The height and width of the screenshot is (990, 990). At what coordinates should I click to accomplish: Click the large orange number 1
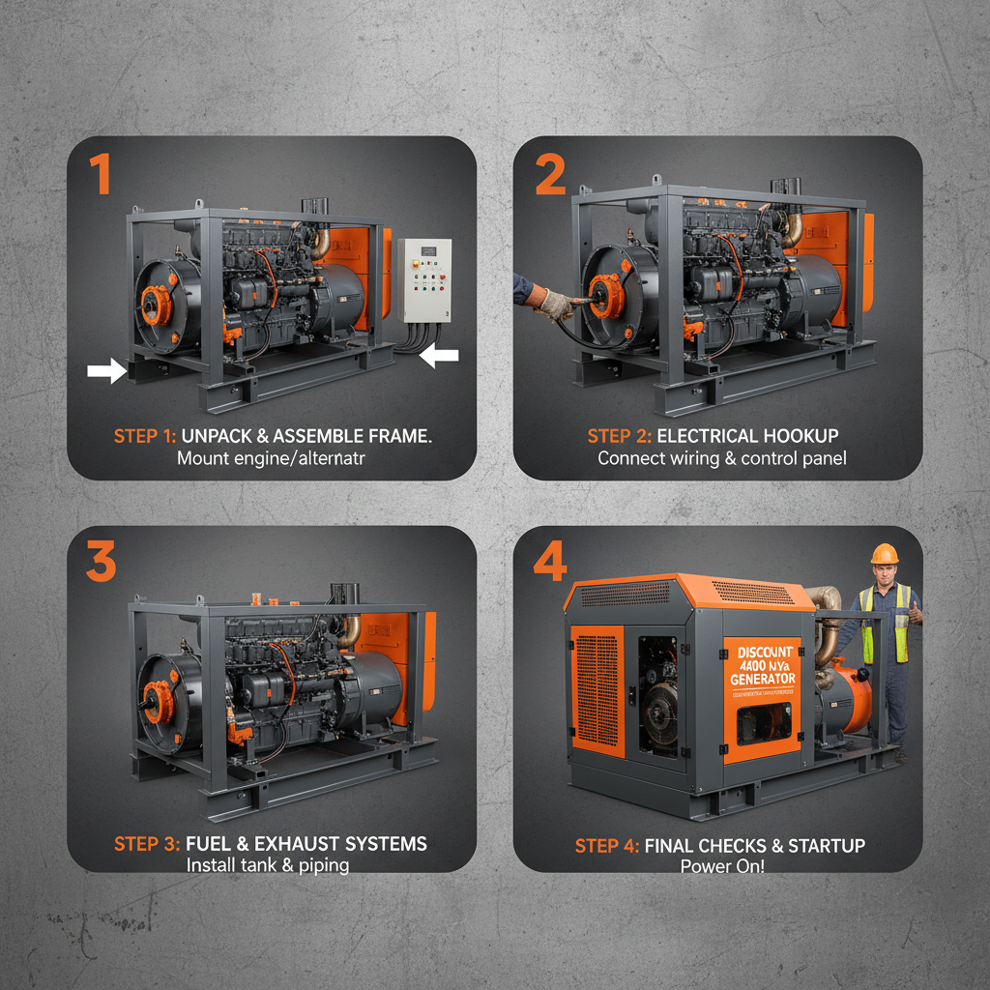click(100, 176)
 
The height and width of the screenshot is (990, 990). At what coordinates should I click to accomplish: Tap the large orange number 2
click(549, 175)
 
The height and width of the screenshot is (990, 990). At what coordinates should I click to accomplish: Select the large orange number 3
click(101, 561)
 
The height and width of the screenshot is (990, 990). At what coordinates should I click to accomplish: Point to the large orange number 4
click(549, 562)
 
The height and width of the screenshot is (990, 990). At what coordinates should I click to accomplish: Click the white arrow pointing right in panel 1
click(105, 369)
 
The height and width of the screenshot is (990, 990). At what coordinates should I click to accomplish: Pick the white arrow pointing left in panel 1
click(440, 356)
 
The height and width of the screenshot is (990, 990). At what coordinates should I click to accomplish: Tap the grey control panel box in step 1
click(424, 280)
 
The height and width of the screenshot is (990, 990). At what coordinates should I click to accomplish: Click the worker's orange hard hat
click(884, 554)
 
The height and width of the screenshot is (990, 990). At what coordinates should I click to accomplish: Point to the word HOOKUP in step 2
click(802, 436)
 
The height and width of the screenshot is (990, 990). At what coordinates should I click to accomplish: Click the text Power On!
click(721, 866)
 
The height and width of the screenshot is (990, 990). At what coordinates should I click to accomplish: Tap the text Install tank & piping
click(268, 865)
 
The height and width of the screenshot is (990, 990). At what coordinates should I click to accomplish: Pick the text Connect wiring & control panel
click(721, 458)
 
